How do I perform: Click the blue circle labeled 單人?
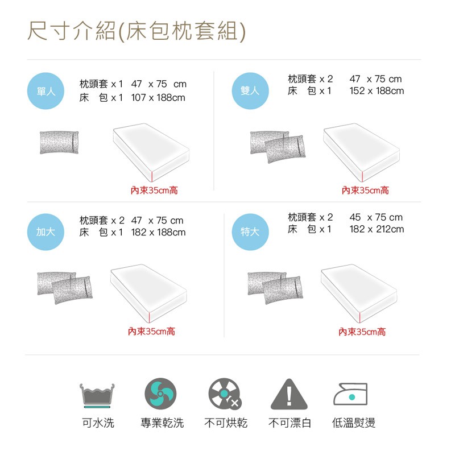pyautogui.click(x=45, y=91)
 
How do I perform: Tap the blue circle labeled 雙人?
pyautogui.click(x=250, y=91)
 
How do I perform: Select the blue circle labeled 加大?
pyautogui.click(x=45, y=232)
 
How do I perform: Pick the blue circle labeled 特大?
pyautogui.click(x=250, y=232)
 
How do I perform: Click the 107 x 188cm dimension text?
pyautogui.click(x=158, y=97)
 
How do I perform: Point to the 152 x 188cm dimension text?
pyautogui.click(x=377, y=91)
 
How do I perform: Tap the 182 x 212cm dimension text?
pyautogui.click(x=377, y=229)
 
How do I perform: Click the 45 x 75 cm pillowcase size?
pyautogui.click(x=376, y=217)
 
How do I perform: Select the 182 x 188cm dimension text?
pyautogui.click(x=158, y=232)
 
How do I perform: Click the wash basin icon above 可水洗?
pyautogui.click(x=97, y=395)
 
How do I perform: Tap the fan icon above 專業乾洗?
pyautogui.click(x=160, y=394)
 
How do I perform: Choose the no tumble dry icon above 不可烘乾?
pyautogui.click(x=225, y=394)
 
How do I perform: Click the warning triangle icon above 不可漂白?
pyautogui.click(x=289, y=394)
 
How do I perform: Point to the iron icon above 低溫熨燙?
pyautogui.click(x=350, y=394)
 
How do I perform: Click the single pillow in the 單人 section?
pyautogui.click(x=59, y=143)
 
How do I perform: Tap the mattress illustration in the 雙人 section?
pyautogui.click(x=362, y=152)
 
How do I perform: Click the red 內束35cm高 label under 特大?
pyautogui.click(x=362, y=332)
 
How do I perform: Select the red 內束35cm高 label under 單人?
pyautogui.click(x=154, y=191)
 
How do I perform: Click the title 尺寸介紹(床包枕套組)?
pyautogui.click(x=136, y=31)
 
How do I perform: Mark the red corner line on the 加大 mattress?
pyautogui.click(x=150, y=317)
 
